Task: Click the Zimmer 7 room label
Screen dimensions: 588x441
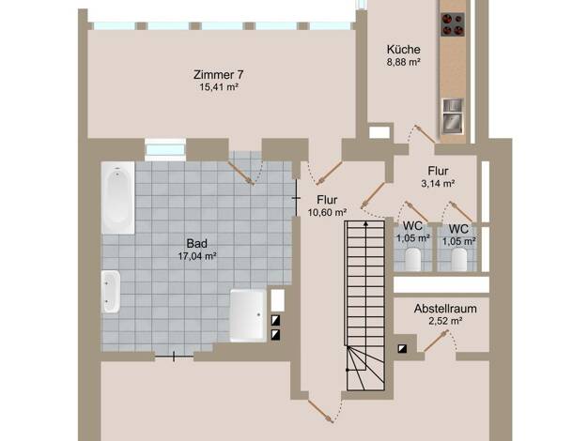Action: click(218, 74)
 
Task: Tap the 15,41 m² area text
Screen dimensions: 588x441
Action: click(220, 87)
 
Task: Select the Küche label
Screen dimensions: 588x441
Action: click(404, 50)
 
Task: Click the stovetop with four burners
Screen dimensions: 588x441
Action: click(453, 24)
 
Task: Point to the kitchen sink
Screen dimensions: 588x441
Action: click(453, 115)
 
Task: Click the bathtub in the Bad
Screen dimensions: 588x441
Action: click(117, 197)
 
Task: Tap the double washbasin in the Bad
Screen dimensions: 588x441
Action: click(111, 292)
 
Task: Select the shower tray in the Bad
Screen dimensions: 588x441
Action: click(248, 315)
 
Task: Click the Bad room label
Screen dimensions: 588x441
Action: click(197, 244)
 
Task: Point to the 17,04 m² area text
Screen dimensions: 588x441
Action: click(197, 256)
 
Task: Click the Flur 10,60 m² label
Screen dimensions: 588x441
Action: click(327, 205)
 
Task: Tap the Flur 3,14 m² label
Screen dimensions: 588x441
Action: click(438, 176)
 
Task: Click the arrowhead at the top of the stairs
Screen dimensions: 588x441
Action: click(366, 224)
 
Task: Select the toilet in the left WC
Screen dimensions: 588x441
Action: click(413, 259)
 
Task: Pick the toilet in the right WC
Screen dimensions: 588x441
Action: click(459, 259)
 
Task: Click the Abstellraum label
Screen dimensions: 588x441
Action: click(445, 309)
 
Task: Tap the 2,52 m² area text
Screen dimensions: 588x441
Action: click(445, 321)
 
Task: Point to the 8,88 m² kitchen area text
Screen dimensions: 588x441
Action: click(404, 62)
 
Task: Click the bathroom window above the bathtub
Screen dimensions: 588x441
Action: click(165, 150)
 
